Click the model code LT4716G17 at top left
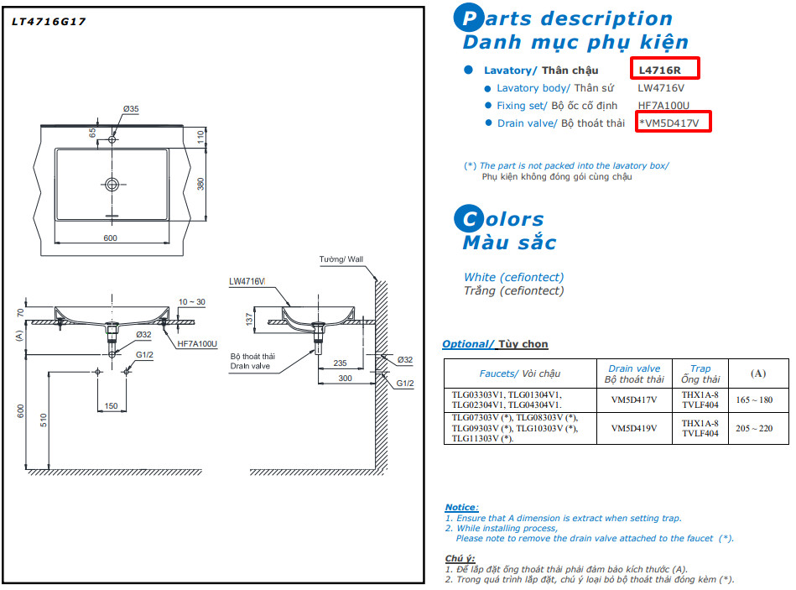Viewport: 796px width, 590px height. pos(48,22)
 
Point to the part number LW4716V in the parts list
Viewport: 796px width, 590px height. pos(661,88)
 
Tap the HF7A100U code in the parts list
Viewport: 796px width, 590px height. pos(663,106)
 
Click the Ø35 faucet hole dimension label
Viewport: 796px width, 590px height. pos(131,109)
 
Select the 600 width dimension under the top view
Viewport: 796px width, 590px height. pos(110,238)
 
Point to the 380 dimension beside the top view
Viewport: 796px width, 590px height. pos(200,184)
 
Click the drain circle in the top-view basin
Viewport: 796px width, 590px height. pos(112,184)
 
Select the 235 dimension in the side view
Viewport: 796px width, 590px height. pos(340,363)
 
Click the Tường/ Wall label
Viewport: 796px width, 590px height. pos(342,259)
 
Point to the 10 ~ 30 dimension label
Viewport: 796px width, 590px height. pos(191,301)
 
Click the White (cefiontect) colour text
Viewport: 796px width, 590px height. pos(513,277)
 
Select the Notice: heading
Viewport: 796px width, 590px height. pos(461,507)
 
